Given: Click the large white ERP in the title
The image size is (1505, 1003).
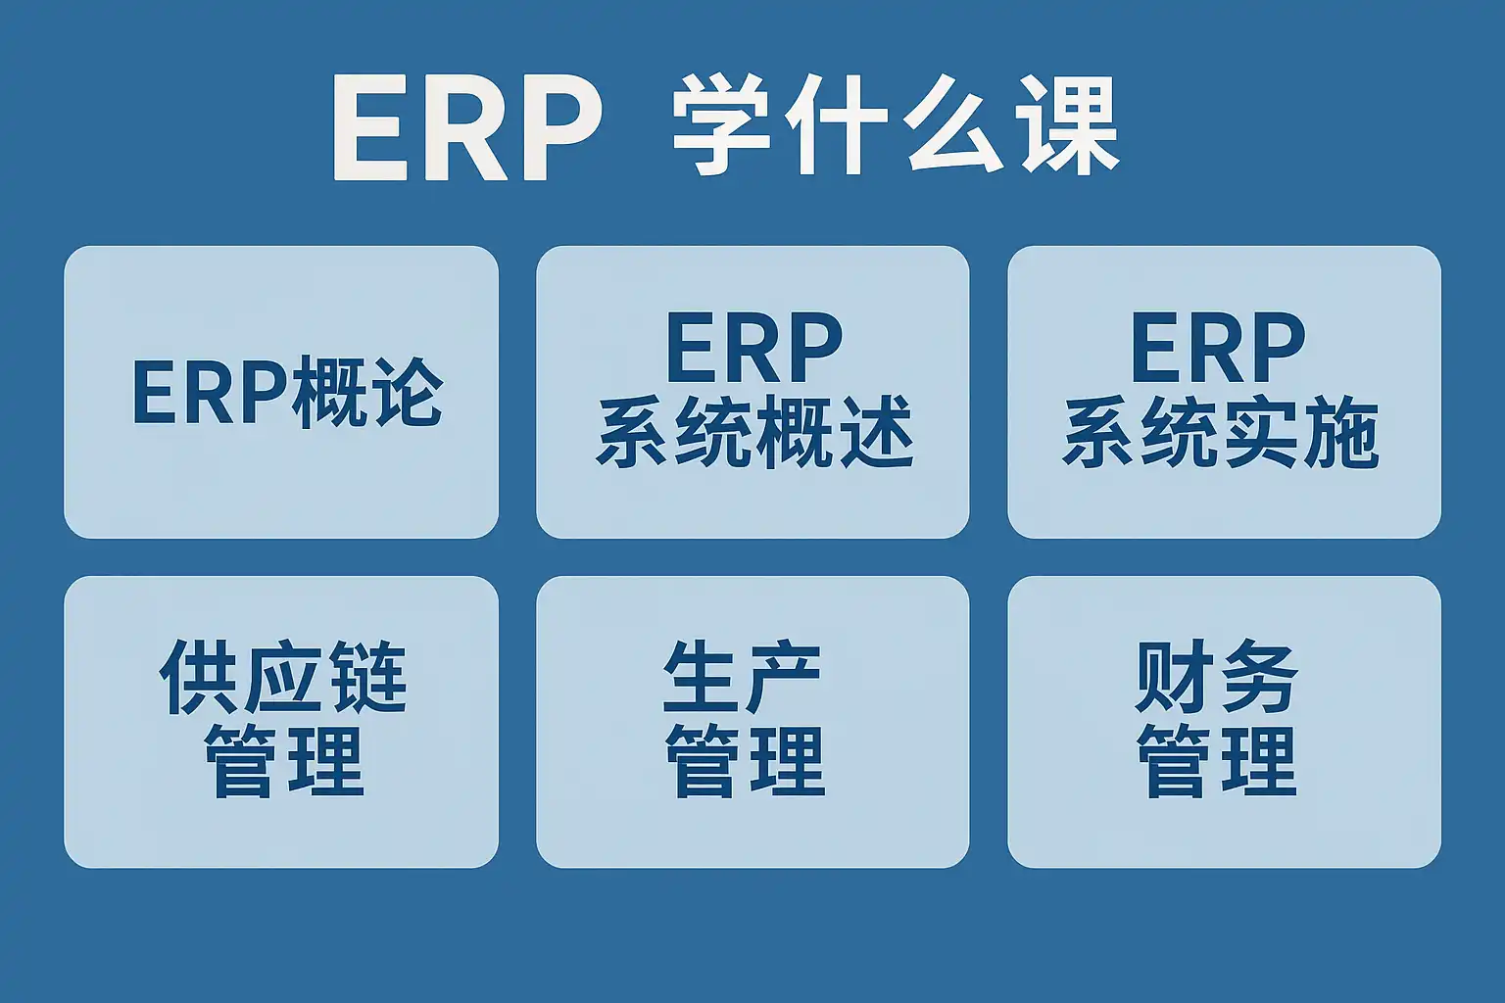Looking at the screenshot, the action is point(466,127).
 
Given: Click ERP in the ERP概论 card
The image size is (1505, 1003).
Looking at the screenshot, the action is point(211,393).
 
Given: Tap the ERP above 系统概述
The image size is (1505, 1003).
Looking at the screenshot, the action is point(753,347).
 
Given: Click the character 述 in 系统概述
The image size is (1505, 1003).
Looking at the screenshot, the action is point(875,431).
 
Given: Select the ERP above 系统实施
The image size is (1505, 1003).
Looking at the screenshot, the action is point(1218,347).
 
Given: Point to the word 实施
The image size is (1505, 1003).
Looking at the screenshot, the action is point(1299,431).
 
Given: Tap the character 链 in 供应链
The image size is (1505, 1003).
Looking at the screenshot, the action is point(370,676).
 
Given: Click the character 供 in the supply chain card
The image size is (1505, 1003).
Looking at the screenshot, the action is point(199,677).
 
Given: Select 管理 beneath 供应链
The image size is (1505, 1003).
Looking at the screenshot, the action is point(283,760).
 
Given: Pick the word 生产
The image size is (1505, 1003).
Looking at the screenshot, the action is point(743,676).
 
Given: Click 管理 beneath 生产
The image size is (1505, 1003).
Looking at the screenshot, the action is point(745,760).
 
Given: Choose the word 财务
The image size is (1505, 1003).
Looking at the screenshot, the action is point(1216,676).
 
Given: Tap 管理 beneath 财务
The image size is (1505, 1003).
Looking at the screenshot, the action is point(1217,760).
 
